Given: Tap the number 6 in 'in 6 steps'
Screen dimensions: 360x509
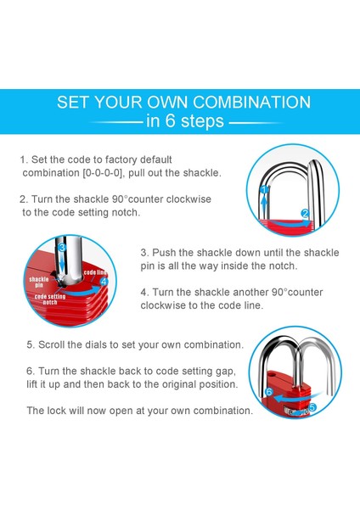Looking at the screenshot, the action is [x=171, y=120].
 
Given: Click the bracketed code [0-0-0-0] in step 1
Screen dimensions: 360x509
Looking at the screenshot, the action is [x=104, y=173].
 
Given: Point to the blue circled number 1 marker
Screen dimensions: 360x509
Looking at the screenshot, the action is [x=265, y=189].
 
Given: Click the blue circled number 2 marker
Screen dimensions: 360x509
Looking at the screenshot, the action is [x=305, y=213].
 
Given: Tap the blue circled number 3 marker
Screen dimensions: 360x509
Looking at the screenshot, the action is [x=62, y=248].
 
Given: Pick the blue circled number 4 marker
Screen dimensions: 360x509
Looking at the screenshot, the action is [x=104, y=282].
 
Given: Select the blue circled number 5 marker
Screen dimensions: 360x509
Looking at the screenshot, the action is [x=312, y=407].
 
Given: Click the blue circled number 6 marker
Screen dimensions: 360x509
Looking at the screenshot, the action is [x=268, y=392].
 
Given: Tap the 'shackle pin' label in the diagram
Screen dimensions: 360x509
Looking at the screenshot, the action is [x=39, y=282].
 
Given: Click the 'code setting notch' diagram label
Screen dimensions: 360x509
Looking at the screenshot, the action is [x=50, y=299].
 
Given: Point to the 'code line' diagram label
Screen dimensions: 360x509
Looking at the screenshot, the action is [x=95, y=272].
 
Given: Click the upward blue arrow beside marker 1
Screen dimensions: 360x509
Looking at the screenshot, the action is [x=265, y=205].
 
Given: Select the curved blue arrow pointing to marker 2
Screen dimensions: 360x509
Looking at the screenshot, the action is [x=290, y=223].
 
